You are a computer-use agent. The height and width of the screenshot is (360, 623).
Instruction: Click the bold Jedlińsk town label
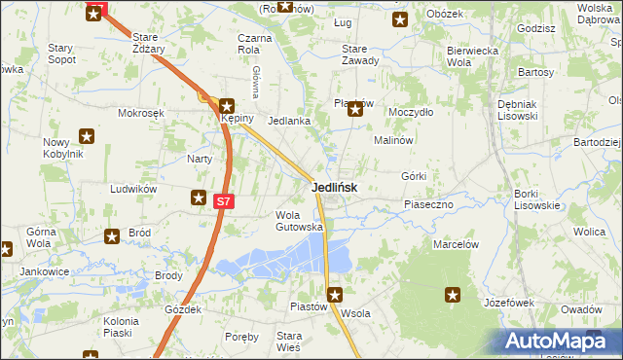pyautogui.click(x=334, y=188)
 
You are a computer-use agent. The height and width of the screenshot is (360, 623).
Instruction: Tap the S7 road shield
pyautogui.click(x=224, y=201)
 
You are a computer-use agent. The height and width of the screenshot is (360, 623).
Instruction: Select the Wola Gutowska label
pyautogui.click(x=299, y=221)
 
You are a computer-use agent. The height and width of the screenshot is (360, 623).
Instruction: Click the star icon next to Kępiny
pyautogui.click(x=227, y=107)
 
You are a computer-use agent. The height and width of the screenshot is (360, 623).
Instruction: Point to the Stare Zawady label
pyautogui.click(x=360, y=54)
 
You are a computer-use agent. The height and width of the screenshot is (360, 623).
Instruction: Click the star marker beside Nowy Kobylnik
pyautogui.click(x=87, y=137)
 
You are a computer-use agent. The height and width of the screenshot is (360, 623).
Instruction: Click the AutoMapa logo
pyautogui.click(x=559, y=342)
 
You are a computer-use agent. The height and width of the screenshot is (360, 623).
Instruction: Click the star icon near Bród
pyautogui.click(x=112, y=234)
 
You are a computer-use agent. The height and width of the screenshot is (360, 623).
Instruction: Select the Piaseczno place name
pyautogui.click(x=429, y=204)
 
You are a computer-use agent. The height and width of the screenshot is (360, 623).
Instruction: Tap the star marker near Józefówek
pyautogui.click(x=453, y=294)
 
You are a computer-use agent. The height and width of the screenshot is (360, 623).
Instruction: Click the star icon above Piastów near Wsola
pyautogui.click(x=335, y=294)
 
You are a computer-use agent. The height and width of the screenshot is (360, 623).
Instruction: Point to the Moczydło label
pyautogui.click(x=410, y=113)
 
